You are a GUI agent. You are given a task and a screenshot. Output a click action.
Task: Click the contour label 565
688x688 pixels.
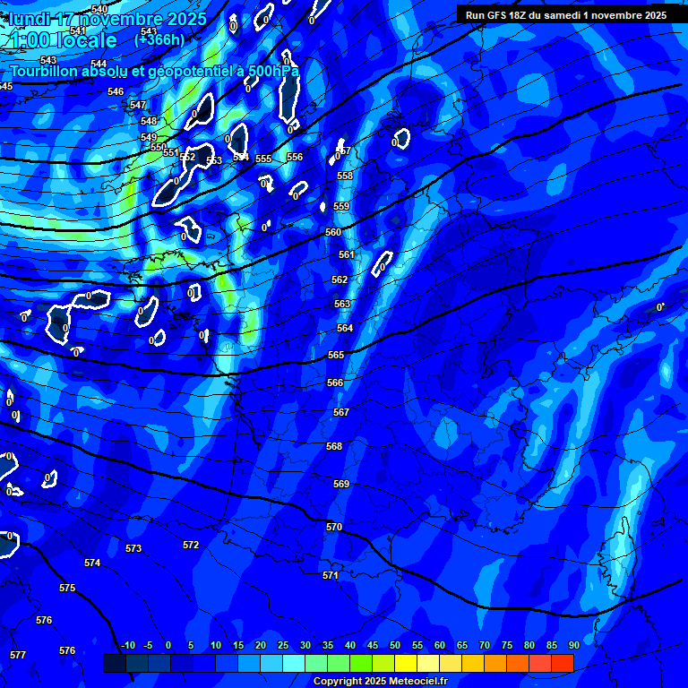(x=336, y=356)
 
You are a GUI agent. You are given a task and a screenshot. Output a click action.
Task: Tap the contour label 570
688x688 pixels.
(x=334, y=528)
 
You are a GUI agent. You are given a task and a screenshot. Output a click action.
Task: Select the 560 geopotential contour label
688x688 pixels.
(x=333, y=233)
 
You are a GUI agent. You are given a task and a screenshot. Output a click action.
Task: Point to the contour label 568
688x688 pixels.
(x=334, y=446)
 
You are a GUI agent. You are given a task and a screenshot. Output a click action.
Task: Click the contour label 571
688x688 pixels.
(x=331, y=576)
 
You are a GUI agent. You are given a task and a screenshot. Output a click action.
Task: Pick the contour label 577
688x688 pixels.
(x=18, y=655)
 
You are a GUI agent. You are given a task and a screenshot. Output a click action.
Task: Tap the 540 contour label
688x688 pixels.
(x=99, y=10)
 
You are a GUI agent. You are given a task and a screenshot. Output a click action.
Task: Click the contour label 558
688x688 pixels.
(x=345, y=176)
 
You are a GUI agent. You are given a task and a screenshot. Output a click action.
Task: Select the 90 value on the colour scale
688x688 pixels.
(x=573, y=645)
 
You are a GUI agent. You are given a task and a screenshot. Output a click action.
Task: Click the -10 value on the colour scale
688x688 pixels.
(x=128, y=645)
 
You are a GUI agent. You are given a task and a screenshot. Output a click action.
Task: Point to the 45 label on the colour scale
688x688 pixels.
(x=372, y=645)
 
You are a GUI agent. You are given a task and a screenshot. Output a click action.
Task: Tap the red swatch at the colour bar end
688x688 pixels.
(x=563, y=663)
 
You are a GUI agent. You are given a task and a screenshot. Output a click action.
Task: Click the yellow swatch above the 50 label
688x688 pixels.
(x=406, y=663)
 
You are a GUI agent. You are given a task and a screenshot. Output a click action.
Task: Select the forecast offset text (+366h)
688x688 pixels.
(x=159, y=39)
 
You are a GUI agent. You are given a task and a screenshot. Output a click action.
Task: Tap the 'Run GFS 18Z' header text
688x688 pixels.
(x=503, y=15)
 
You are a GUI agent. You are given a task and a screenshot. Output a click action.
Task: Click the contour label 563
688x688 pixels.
(x=343, y=305)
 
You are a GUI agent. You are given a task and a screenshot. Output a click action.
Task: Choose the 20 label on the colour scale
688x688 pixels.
(x=261, y=645)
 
